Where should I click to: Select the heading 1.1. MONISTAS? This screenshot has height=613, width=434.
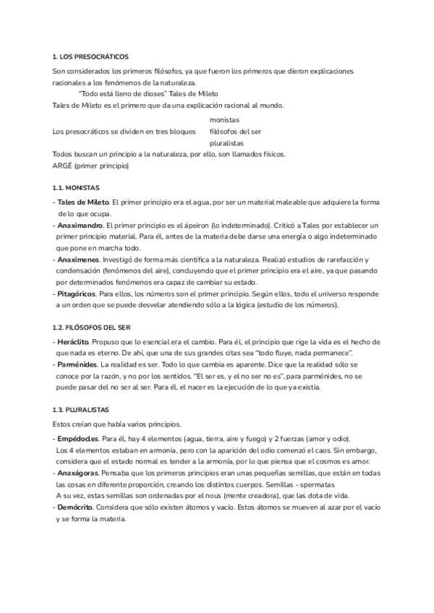(77, 187)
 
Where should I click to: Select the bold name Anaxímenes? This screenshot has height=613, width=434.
(77, 260)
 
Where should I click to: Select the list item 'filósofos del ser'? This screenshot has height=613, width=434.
(235, 131)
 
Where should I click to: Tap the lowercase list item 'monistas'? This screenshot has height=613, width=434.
(224, 119)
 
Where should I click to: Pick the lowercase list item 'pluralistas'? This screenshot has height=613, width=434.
(226, 143)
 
